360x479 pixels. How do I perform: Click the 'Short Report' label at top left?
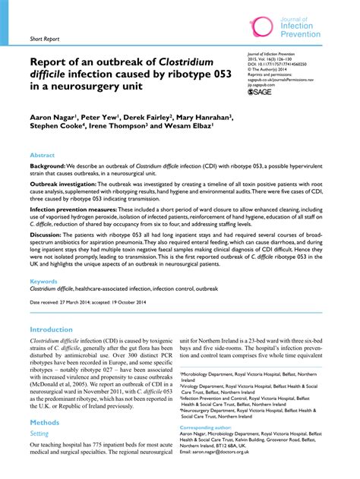[x=44, y=37]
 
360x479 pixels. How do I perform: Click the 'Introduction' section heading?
[x=57, y=330]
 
